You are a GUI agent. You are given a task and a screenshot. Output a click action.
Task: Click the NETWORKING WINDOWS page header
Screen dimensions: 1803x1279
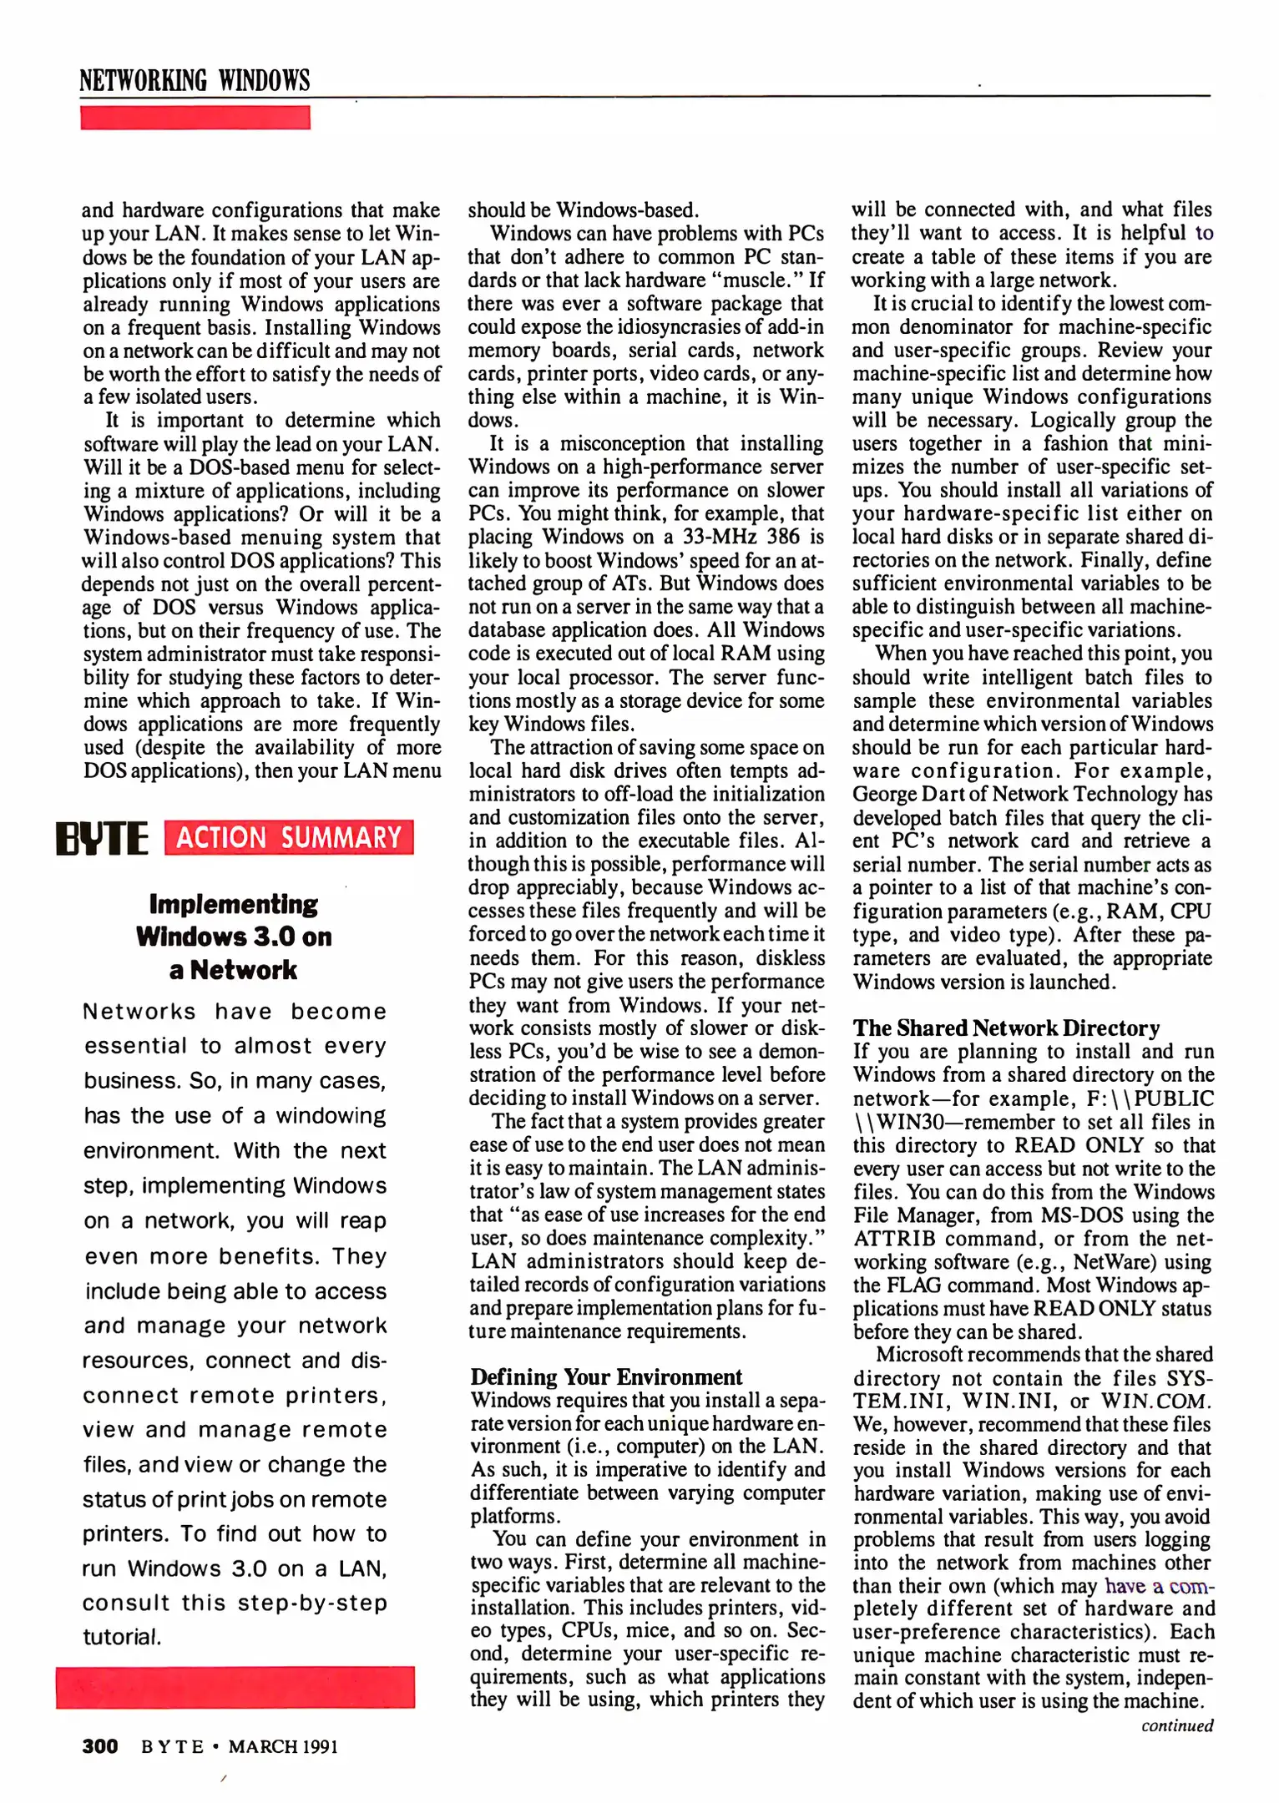tap(195, 80)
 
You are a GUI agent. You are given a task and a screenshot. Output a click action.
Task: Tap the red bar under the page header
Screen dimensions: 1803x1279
tap(195, 118)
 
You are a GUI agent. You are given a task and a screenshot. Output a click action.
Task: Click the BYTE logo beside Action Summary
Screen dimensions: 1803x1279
tap(102, 838)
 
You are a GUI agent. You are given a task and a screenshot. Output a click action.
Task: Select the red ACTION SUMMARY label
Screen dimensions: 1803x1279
tap(289, 837)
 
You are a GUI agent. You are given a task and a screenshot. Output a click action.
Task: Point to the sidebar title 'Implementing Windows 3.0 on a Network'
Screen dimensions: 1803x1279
tap(234, 937)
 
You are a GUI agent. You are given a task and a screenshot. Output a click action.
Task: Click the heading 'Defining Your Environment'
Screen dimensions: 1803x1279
tap(606, 1376)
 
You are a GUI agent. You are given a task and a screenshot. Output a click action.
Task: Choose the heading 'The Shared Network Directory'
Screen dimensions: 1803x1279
tap(1006, 1028)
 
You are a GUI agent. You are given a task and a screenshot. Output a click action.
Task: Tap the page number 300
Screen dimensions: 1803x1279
tap(99, 1746)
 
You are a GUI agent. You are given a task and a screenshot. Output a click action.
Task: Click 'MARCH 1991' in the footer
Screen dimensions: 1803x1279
tap(283, 1746)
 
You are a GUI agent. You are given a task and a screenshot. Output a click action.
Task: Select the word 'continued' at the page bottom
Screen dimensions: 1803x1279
tap(1177, 1725)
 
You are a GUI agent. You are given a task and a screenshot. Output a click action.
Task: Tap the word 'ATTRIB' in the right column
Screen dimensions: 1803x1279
tap(893, 1239)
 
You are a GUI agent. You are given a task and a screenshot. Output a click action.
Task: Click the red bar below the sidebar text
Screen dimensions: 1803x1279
tap(235, 1687)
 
